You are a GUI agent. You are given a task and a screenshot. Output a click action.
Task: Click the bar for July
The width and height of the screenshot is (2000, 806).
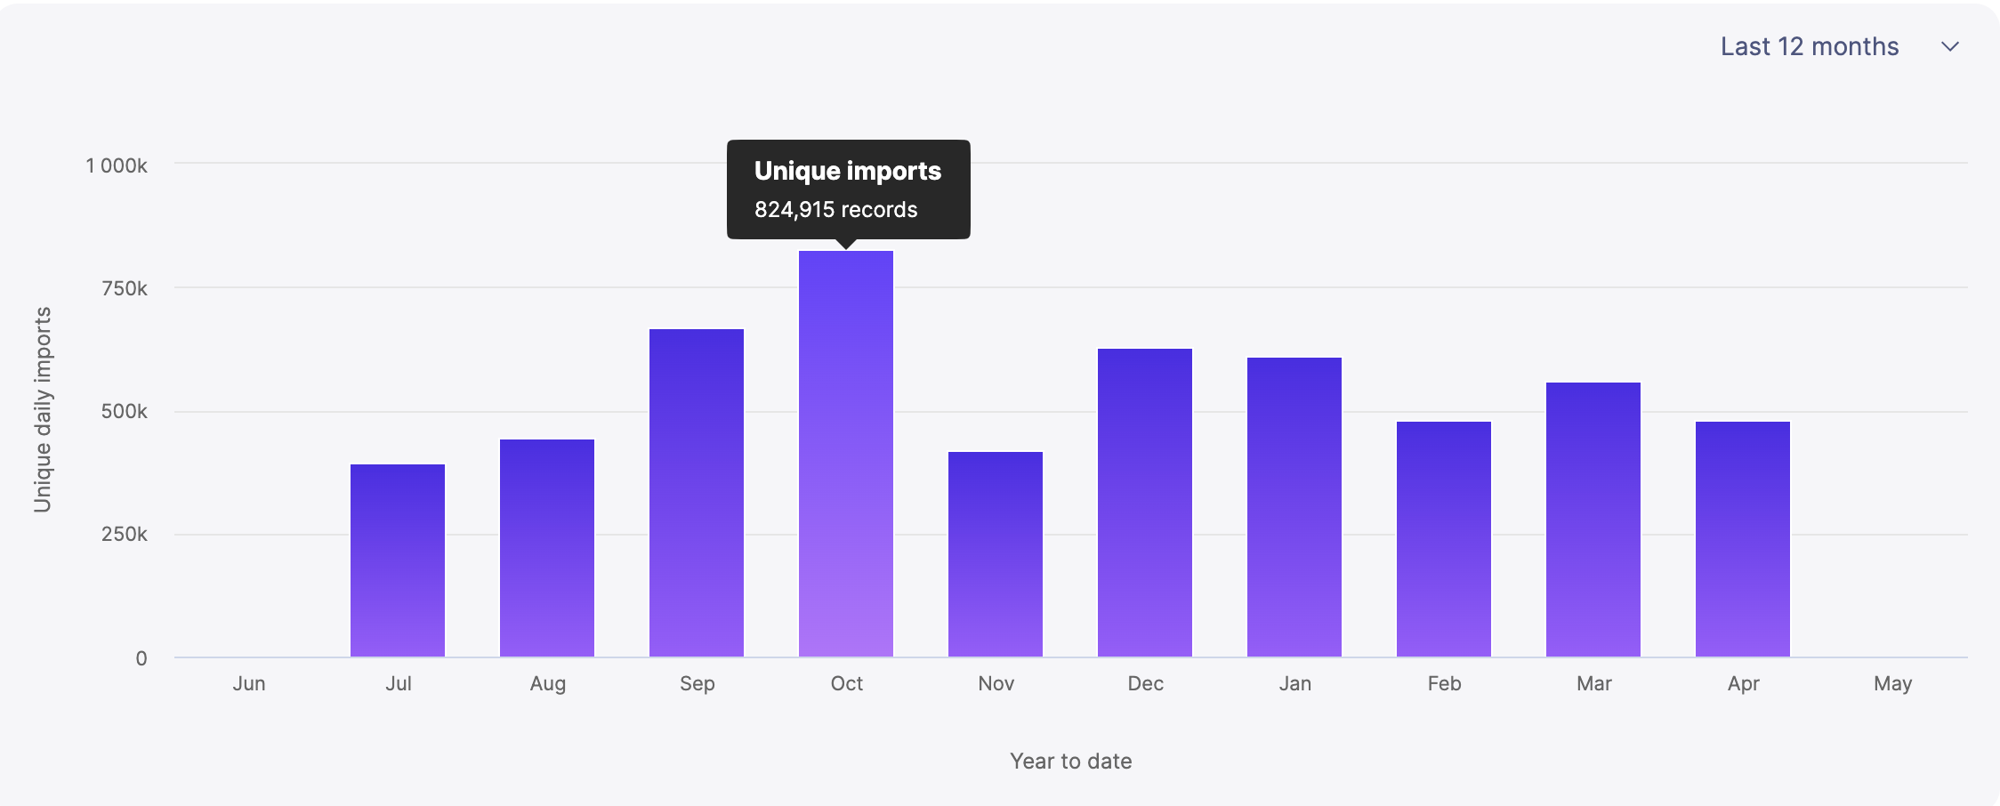(398, 560)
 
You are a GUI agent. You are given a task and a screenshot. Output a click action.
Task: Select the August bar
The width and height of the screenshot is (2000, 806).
(547, 548)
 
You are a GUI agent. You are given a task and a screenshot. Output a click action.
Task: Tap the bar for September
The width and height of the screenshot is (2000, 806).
(697, 493)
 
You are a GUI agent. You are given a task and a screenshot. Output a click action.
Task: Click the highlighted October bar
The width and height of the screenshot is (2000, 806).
(846, 454)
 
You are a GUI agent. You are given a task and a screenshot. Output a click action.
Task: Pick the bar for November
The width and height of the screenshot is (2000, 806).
(996, 554)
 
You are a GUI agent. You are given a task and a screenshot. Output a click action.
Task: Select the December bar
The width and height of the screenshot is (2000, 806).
(1145, 503)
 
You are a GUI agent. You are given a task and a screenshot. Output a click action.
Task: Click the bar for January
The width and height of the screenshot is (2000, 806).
(1294, 507)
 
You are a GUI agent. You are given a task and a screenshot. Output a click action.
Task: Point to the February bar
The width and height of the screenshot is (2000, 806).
(1444, 539)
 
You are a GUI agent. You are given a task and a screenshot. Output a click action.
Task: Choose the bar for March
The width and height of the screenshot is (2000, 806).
(1593, 520)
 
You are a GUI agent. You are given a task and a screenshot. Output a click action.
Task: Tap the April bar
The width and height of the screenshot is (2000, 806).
(1743, 539)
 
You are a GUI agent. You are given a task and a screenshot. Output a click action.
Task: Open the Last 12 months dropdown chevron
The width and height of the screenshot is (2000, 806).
(1950, 47)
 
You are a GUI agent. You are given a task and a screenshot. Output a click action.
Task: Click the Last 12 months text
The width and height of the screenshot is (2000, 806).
(1810, 47)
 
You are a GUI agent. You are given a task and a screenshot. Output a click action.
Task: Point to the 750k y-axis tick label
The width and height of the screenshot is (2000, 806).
(125, 288)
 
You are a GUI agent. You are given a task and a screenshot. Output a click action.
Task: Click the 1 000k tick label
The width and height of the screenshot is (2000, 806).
(117, 165)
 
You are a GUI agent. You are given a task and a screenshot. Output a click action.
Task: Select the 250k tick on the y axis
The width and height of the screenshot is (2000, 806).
(125, 534)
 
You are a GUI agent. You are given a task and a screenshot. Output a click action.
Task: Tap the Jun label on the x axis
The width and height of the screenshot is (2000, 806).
(249, 683)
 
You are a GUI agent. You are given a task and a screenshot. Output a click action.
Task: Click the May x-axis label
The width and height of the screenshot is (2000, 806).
(1892, 683)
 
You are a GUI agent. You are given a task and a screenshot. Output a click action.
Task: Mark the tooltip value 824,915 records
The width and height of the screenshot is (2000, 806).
(835, 210)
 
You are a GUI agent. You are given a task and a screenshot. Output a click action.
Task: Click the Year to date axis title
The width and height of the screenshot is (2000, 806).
(1070, 761)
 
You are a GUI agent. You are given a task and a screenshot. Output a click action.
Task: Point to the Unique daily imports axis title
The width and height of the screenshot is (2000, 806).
(43, 409)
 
